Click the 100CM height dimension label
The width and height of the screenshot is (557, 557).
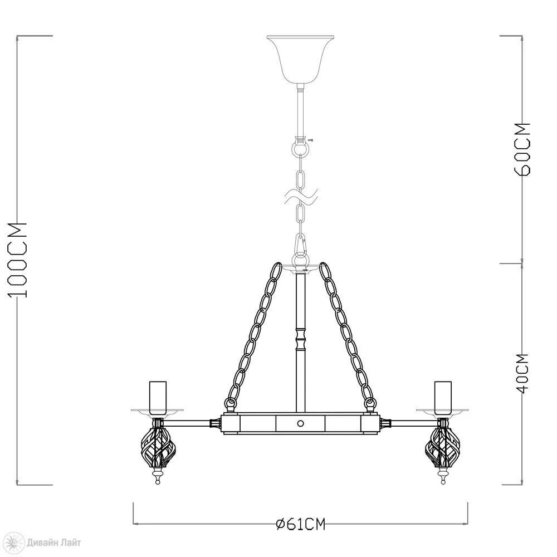18,260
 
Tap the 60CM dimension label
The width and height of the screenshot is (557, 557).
522,149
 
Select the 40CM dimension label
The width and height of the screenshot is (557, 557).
522,373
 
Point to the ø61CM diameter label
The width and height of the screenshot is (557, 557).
301,524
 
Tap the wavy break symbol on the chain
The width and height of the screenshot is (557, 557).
301,197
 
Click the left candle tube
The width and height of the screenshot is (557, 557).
158,398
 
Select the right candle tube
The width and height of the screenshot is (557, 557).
443,398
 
